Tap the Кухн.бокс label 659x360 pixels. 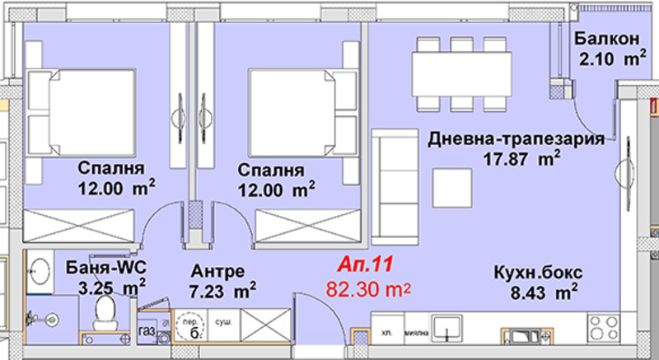click(530, 273)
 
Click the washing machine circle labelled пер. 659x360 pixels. click(188, 322)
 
